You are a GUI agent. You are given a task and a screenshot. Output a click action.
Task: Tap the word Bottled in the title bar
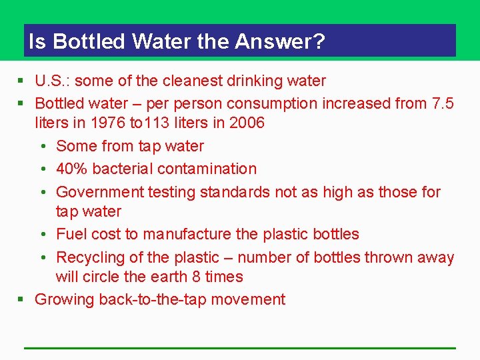click(x=89, y=42)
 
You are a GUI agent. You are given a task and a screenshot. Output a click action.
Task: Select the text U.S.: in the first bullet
click(x=54, y=81)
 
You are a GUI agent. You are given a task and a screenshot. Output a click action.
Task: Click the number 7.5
click(x=443, y=103)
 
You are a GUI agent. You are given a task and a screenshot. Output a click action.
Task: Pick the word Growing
click(x=64, y=300)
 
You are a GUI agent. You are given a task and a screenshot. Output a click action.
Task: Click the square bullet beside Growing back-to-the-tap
click(x=21, y=300)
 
